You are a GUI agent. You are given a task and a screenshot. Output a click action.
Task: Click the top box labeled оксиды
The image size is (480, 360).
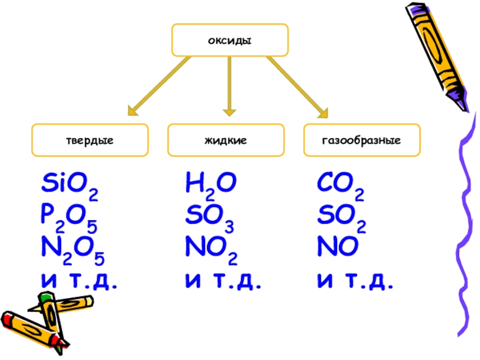point(230,40)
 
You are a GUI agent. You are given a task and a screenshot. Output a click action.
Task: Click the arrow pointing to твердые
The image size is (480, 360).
point(159,85)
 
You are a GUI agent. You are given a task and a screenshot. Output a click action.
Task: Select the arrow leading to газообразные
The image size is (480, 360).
point(297,85)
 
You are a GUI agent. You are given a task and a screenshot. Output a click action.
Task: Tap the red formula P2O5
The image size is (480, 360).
point(70,217)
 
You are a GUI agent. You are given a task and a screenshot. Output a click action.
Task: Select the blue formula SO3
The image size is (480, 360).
point(210,217)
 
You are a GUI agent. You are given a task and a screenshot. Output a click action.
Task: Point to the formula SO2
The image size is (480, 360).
point(341,217)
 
